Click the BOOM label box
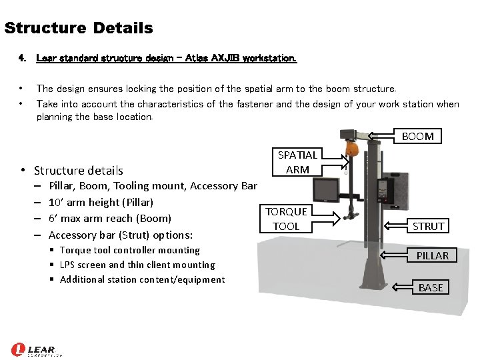[417, 136]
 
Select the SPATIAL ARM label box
[297, 162]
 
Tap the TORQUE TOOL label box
[286, 219]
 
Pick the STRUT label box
[427, 226]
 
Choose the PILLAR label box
[432, 255]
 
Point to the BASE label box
[431, 287]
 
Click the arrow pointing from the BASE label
[402, 287]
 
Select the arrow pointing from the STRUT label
[395, 226]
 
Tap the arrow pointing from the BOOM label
[381, 135]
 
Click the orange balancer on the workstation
[352, 149]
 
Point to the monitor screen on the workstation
[326, 190]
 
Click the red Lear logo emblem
[18, 349]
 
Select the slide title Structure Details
[79, 27]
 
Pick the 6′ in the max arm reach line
[53, 218]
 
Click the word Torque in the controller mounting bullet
[75, 251]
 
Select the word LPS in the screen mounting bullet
[67, 265]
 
